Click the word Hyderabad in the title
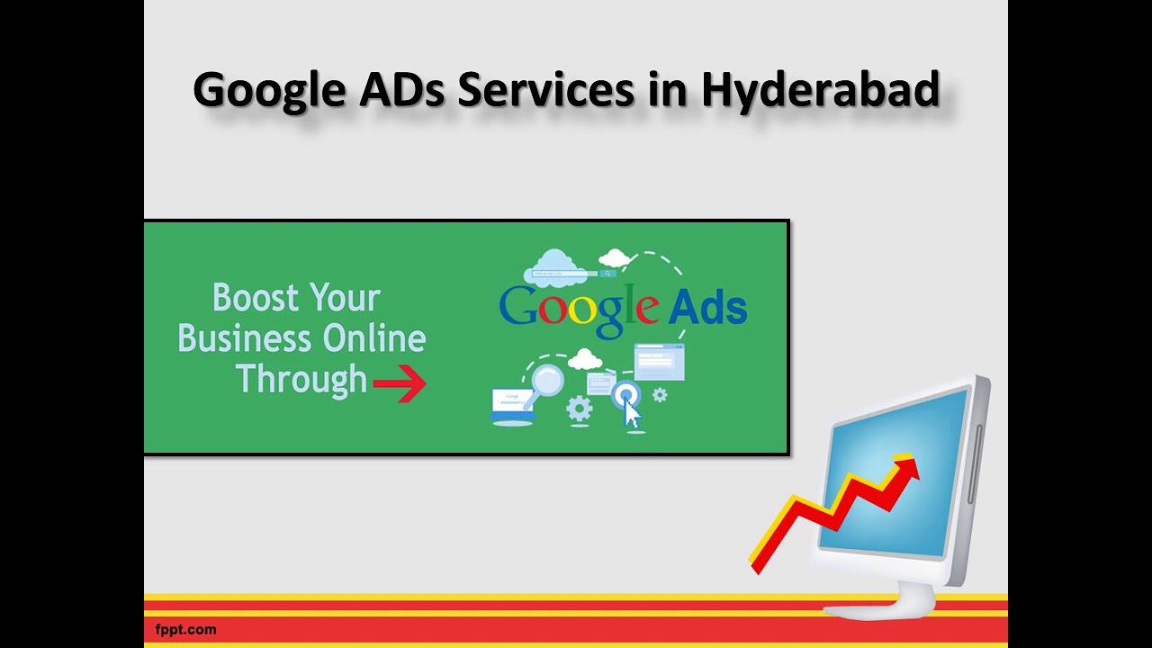click(x=820, y=91)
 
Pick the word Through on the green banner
click(x=301, y=380)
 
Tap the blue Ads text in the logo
click(x=708, y=307)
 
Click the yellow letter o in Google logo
click(x=581, y=309)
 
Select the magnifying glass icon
click(x=544, y=382)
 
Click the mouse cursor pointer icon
click(x=632, y=415)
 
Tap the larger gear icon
click(x=579, y=409)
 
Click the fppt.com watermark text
click(x=185, y=630)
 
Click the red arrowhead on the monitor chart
click(x=907, y=469)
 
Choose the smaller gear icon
click(x=660, y=394)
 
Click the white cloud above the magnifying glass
click(x=586, y=360)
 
